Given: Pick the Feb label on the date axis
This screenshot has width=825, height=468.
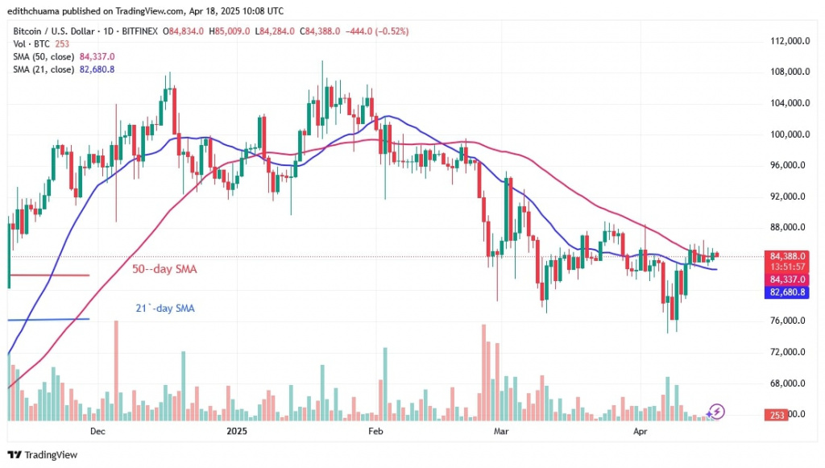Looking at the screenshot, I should click(375, 432).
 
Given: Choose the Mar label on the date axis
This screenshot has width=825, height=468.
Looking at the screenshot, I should click(500, 432).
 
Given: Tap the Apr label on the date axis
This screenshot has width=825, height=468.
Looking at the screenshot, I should click(641, 432).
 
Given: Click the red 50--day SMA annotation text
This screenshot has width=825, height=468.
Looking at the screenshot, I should click(164, 268).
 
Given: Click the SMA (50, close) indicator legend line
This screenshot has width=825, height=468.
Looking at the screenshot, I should click(62, 56).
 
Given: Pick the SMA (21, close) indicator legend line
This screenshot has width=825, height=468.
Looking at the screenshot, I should click(62, 69).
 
